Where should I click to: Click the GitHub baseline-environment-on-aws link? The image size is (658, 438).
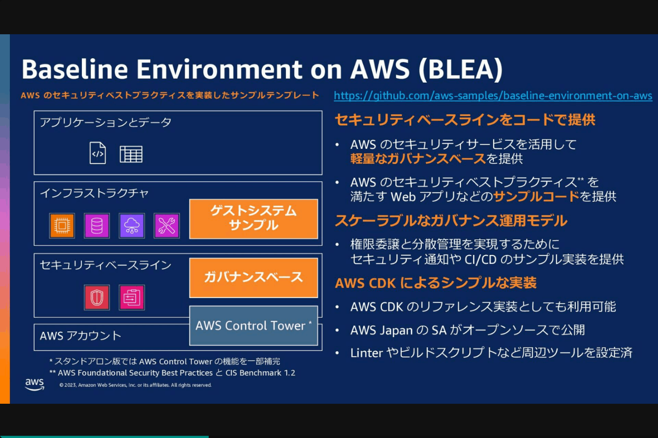click(493, 96)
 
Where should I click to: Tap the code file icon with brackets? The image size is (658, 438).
click(98, 153)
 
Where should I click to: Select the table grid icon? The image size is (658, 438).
click(131, 154)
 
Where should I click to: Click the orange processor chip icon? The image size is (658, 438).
click(62, 225)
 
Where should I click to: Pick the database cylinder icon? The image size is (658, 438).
click(97, 225)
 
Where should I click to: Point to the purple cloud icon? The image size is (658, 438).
click(132, 225)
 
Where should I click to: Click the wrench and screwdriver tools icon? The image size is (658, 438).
click(166, 225)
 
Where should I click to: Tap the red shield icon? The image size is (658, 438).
click(97, 297)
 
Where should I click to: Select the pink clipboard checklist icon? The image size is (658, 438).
click(132, 297)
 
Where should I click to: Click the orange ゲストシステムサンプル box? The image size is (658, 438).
click(253, 219)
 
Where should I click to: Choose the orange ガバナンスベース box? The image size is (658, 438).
click(253, 277)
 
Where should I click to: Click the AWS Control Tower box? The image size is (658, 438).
click(253, 326)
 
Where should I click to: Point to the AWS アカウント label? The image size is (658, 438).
click(80, 336)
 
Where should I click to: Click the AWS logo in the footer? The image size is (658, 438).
click(35, 384)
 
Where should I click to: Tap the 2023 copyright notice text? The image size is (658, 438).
click(135, 385)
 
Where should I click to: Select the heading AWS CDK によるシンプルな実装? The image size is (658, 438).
click(436, 283)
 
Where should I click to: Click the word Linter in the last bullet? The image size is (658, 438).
click(367, 353)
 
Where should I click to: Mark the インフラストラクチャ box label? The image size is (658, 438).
click(94, 193)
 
